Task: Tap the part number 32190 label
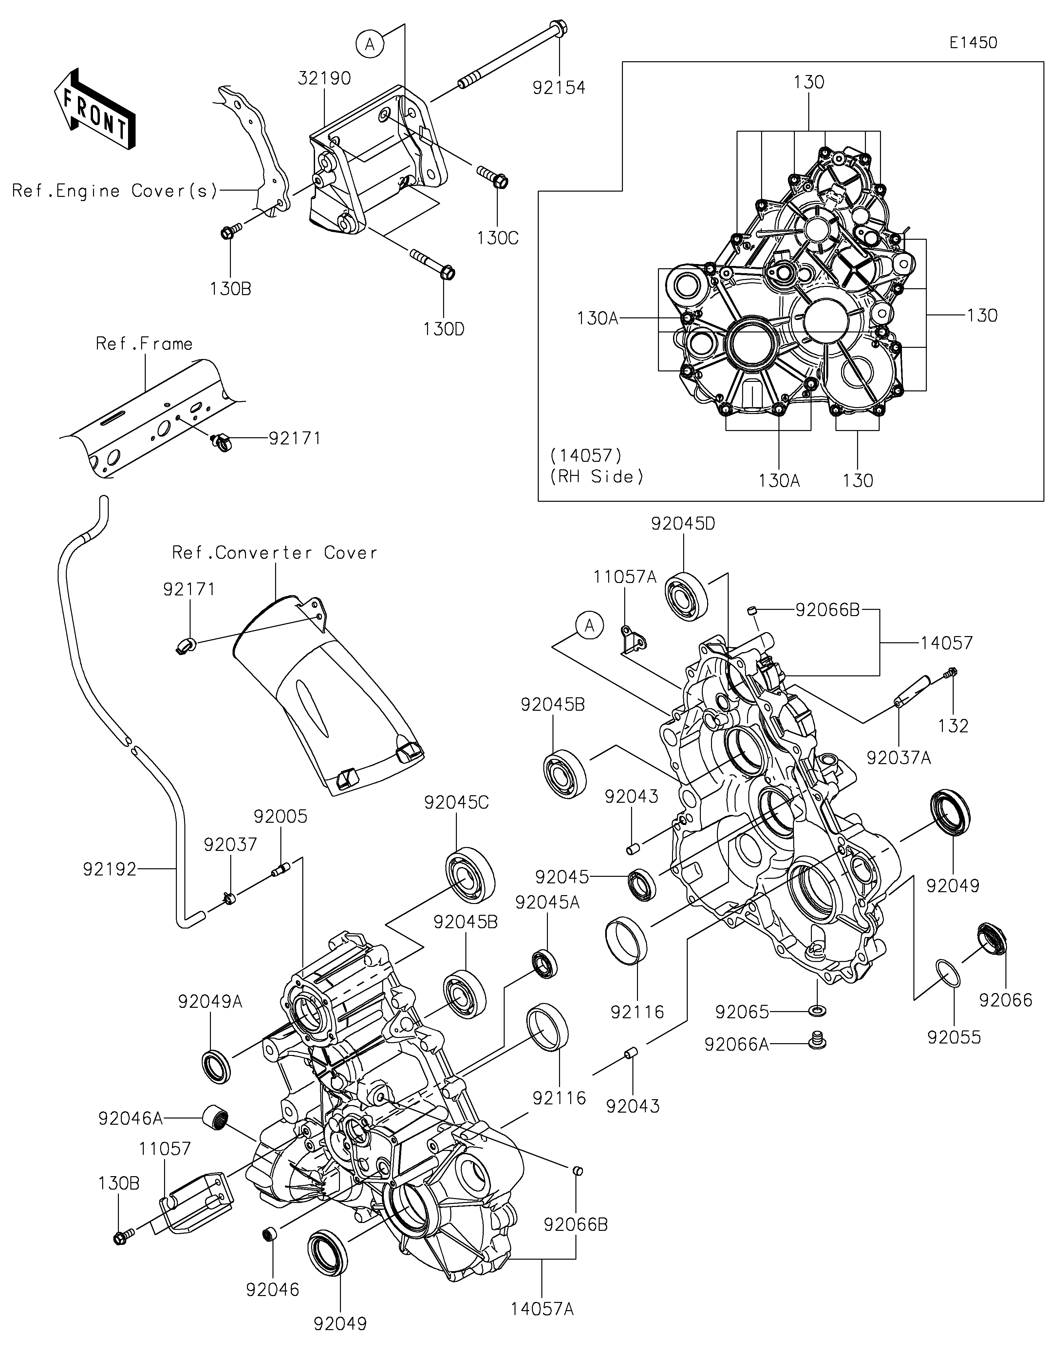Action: point(324,79)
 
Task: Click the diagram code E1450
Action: point(973,43)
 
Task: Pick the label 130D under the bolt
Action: point(444,329)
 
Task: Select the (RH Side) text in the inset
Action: point(596,477)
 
